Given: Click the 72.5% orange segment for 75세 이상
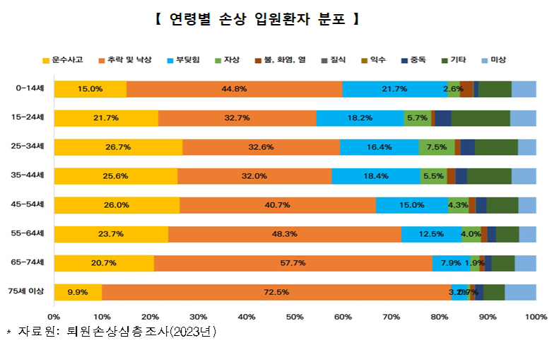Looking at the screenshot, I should [x=276, y=292].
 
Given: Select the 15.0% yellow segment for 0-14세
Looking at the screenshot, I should [x=90, y=89].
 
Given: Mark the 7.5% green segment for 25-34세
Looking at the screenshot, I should [x=436, y=147].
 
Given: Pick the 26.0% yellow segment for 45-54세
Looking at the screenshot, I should [x=117, y=205].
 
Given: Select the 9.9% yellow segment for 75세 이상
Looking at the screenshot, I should [x=78, y=292].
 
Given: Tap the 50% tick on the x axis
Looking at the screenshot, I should [x=295, y=315].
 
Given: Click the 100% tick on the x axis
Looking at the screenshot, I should [x=535, y=315].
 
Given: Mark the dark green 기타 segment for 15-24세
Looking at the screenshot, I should [x=480, y=118].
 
